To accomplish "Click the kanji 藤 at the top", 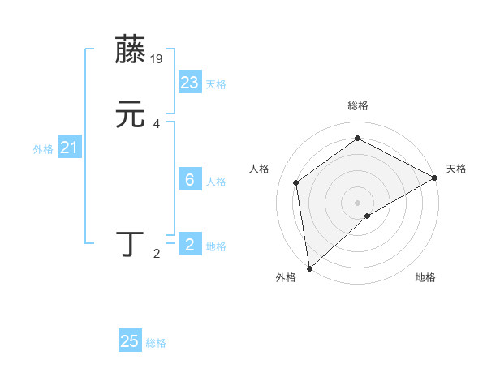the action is click(x=131, y=51).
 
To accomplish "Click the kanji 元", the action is click(x=131, y=115).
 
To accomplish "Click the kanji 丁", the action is click(x=131, y=245).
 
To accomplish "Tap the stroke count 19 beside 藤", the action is click(x=157, y=59).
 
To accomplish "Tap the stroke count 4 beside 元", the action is click(x=157, y=124).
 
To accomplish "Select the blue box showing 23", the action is click(x=190, y=83).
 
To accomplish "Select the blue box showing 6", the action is click(x=190, y=180).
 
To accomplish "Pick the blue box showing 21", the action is click(x=70, y=148).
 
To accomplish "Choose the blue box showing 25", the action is click(x=130, y=341).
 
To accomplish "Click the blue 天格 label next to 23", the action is click(x=216, y=84).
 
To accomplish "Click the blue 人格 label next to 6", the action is click(x=216, y=182).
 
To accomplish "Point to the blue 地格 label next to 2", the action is click(x=216, y=246).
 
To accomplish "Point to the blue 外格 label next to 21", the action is click(x=43, y=149).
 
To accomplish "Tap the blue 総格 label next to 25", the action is click(x=156, y=343).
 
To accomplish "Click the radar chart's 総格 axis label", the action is click(x=358, y=105).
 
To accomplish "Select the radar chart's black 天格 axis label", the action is click(x=456, y=169).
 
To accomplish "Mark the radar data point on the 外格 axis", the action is click(x=309, y=268).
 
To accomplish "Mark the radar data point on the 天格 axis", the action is click(x=435, y=178).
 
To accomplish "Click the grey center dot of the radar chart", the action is click(x=358, y=202).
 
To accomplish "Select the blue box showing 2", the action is click(x=190, y=245).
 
